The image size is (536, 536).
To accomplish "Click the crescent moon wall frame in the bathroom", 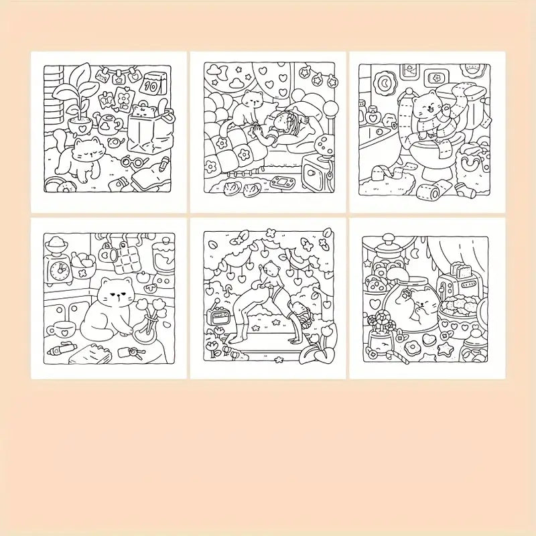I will pos(386,82).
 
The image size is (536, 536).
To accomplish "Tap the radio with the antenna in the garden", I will pos(218,315).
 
